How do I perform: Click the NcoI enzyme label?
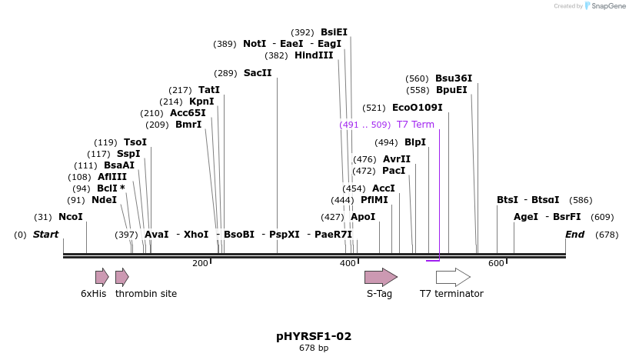click(70, 217)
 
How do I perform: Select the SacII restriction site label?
click(258, 73)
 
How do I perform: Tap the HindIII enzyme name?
click(314, 55)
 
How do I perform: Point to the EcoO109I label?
click(418, 108)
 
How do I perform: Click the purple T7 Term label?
click(415, 125)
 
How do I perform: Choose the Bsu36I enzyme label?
click(454, 78)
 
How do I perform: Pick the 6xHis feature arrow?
click(102, 277)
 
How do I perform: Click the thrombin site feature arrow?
click(121, 277)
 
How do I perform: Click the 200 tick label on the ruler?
click(200, 264)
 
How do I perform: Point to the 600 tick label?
click(496, 264)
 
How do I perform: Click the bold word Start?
click(45, 235)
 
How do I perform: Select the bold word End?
click(574, 235)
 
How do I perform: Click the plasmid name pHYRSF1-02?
click(314, 336)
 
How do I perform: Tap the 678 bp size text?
click(314, 348)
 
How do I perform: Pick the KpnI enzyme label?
click(201, 102)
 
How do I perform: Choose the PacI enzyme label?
click(394, 171)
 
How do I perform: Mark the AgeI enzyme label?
click(526, 217)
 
